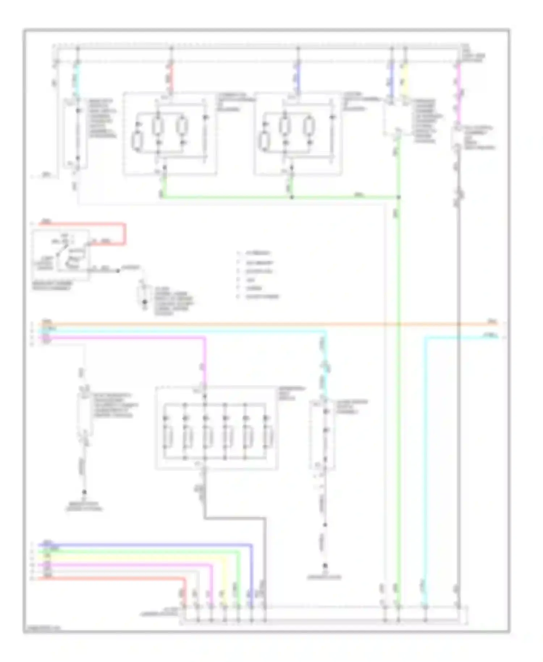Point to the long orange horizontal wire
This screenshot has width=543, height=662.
point(253,324)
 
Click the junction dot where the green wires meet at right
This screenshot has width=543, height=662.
point(398,197)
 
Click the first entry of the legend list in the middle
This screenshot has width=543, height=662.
point(258,254)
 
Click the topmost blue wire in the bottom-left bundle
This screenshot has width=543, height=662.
point(145,544)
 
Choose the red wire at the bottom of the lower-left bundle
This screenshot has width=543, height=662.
point(109,579)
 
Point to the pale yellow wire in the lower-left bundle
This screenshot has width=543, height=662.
point(145,558)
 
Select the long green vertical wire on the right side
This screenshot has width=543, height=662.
point(398,398)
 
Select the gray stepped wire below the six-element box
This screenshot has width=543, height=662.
point(235,519)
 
